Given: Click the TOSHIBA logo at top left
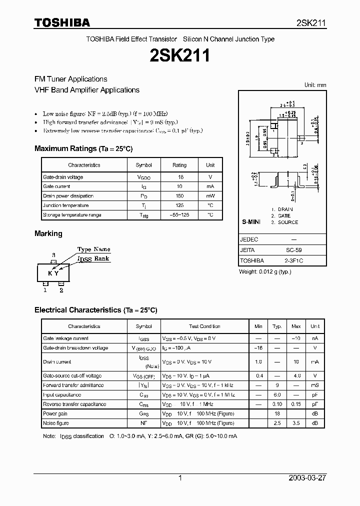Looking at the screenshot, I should pyautogui.click(x=62, y=22).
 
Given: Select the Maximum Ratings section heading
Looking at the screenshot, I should pyautogui.click(x=83, y=148).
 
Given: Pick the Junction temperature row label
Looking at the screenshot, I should pyautogui.click(x=66, y=205).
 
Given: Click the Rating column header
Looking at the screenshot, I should pyautogui.click(x=179, y=165).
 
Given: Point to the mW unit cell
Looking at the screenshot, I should pyautogui.click(x=210, y=196).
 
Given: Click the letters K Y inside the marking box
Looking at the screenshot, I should pyautogui.click(x=53, y=273).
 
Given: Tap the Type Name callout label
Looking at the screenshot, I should pyautogui.click(x=93, y=249).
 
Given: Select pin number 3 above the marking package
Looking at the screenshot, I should pyautogui.click(x=53, y=255).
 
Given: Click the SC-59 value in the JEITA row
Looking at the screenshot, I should pyautogui.click(x=293, y=250).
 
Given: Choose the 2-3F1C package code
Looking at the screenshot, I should pyautogui.click(x=293, y=260).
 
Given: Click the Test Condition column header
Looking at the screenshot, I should pyautogui.click(x=204, y=326).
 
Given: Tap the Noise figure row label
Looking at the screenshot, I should pyautogui.click(x=56, y=423).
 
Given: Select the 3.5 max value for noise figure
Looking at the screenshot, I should pyautogui.click(x=296, y=423).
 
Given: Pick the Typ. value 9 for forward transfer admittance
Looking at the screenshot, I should pyautogui.click(x=277, y=385).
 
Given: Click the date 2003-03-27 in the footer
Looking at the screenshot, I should pyautogui.click(x=307, y=478).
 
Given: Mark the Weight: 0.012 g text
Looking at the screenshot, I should pyautogui.click(x=265, y=271).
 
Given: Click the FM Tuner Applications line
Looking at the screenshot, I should pyautogui.click(x=70, y=79).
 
